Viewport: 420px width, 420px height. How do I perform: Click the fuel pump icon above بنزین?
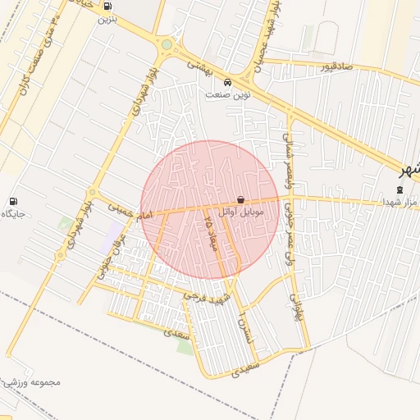[107, 5]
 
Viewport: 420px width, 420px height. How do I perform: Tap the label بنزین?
[107, 16]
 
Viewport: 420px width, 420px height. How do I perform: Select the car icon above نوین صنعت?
[227, 82]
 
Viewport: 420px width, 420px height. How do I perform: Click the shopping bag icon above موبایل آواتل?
[240, 199]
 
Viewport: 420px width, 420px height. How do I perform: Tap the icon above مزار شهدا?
[399, 189]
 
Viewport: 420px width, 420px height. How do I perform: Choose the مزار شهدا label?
[399, 202]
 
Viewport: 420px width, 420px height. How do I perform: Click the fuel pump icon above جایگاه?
[13, 201]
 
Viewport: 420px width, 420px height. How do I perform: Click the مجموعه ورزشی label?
[33, 382]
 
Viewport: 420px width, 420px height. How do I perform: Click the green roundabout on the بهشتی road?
[167, 44]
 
